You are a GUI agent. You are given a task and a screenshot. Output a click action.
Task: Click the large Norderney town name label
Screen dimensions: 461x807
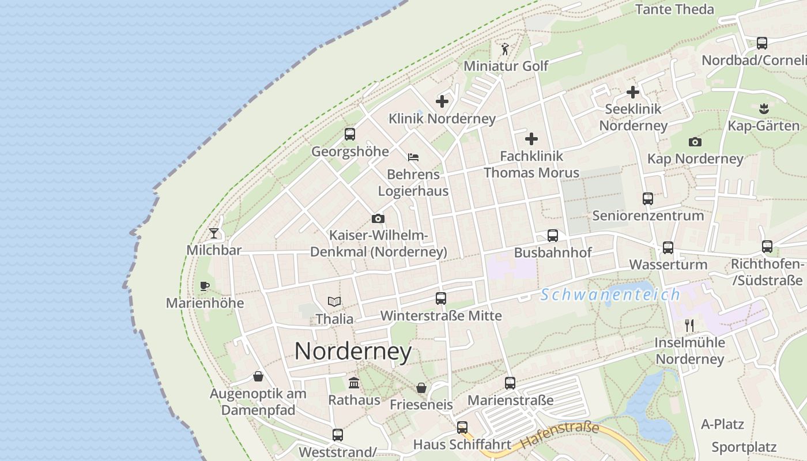pos(353,351)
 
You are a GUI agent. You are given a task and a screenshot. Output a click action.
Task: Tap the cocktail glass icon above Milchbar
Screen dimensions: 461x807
pos(214,233)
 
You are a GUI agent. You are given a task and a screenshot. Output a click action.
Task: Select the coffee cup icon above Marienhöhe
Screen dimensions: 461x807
pos(204,286)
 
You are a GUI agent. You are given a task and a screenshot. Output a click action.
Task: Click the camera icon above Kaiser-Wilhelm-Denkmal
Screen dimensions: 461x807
pos(378,218)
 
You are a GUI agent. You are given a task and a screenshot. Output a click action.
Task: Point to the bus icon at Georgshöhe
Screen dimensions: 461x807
pos(350,134)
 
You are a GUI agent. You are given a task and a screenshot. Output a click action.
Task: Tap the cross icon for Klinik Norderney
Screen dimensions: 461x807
pos(442,101)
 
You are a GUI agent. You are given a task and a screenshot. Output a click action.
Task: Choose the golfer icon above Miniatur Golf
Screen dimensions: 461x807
pos(506,48)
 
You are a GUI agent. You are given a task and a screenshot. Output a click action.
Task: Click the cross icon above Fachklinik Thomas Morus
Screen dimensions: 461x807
pos(531,138)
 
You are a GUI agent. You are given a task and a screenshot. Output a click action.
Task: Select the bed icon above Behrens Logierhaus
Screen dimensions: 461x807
pos(413,157)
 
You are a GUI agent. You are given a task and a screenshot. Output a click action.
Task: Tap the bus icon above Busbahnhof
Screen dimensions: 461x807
pos(553,235)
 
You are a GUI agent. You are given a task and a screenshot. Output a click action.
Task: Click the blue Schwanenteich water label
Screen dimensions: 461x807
pos(611,295)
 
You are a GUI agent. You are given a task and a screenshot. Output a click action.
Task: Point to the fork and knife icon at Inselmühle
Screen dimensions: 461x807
pos(689,326)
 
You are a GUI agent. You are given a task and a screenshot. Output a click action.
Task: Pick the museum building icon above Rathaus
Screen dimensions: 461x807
pos(354,383)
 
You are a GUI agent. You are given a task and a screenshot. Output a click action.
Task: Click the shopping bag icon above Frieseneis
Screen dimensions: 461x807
pos(421,388)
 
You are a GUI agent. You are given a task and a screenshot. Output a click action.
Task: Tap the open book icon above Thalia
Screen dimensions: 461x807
pos(334,301)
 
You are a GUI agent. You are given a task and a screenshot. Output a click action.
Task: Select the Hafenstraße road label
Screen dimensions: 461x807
pos(559,436)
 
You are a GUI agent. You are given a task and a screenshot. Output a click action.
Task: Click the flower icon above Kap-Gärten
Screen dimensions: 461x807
pos(764,108)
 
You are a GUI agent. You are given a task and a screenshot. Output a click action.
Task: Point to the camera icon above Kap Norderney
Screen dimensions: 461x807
pos(695,142)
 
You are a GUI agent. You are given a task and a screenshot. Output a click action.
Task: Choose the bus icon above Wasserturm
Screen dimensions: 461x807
pos(668,248)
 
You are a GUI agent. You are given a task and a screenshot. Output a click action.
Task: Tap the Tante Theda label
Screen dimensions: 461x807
pos(674,9)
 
